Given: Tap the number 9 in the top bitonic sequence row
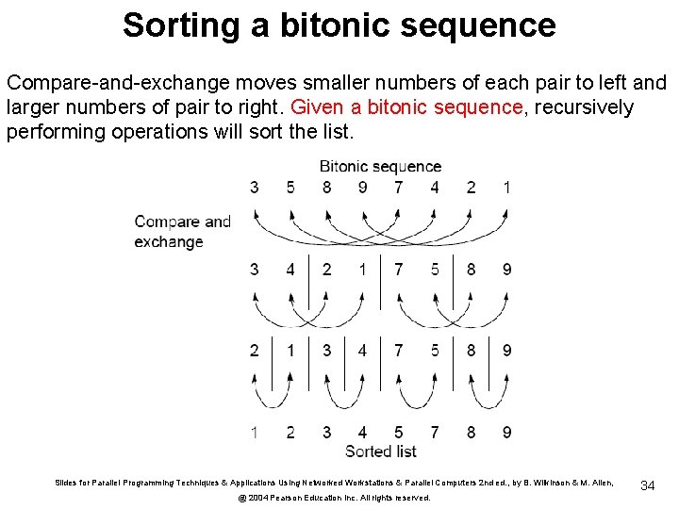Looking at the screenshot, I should [363, 188].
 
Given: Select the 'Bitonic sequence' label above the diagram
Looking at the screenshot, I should [380, 167].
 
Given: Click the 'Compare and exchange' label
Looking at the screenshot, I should [182, 232].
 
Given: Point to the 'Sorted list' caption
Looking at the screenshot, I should [381, 452].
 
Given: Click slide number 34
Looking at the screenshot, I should [648, 485].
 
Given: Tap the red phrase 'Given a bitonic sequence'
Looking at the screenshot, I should [407, 107].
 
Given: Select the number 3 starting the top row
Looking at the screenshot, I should [255, 188].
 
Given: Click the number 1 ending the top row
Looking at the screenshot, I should [507, 188].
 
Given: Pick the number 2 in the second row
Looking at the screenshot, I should [326, 270].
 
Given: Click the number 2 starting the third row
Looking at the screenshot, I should [255, 351].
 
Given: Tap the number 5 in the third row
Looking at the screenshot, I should [435, 351].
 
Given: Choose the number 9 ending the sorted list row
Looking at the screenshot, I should [507, 433].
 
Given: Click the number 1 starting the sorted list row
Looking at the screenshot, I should [255, 433].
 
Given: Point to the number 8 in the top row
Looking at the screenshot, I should [326, 188].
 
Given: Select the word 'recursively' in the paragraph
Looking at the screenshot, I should [583, 107].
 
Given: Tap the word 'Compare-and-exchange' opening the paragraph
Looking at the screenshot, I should [102, 83].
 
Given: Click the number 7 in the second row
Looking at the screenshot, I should [399, 270].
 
